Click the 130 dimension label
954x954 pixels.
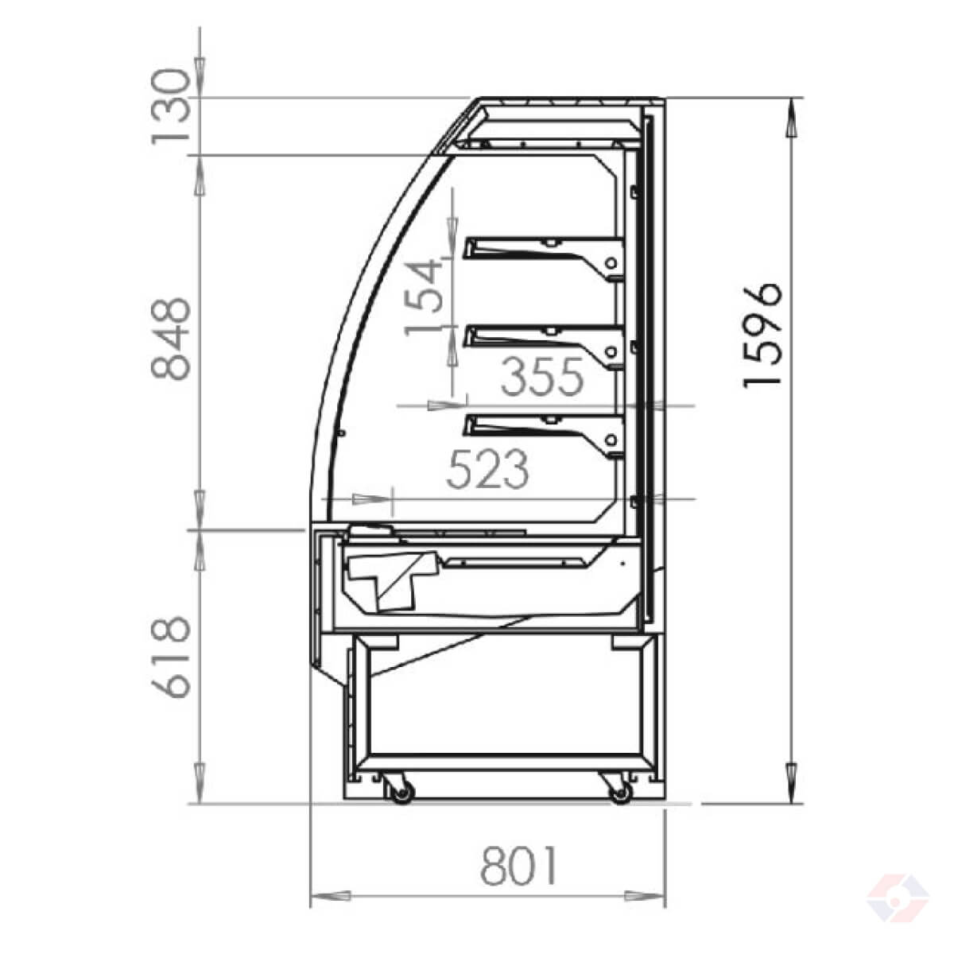pos(171,107)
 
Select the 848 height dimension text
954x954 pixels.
pos(171,339)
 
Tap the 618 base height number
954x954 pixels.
pos(171,657)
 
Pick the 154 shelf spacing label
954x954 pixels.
pos(423,297)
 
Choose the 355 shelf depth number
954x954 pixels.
pos(542,377)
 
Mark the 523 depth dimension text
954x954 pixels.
pos(487,469)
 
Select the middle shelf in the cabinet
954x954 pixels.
pos(543,347)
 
